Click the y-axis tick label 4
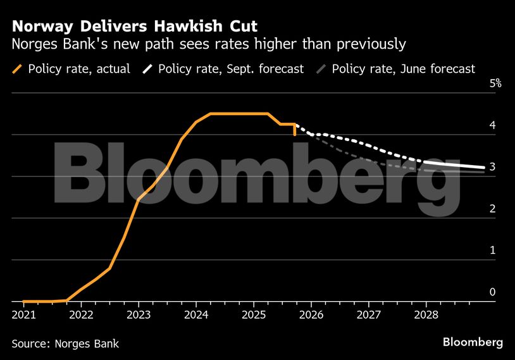pos(492,125)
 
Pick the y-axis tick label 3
pos(492,167)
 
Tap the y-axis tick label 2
pos(492,209)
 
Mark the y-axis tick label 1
pos(492,251)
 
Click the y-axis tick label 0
pos(492,292)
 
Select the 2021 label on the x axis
pos(23,314)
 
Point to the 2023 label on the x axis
pos(139,314)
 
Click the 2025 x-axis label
pos(254,314)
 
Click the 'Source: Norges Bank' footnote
pos(65,344)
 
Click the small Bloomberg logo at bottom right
pos(473,342)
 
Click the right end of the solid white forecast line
pos(484,168)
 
